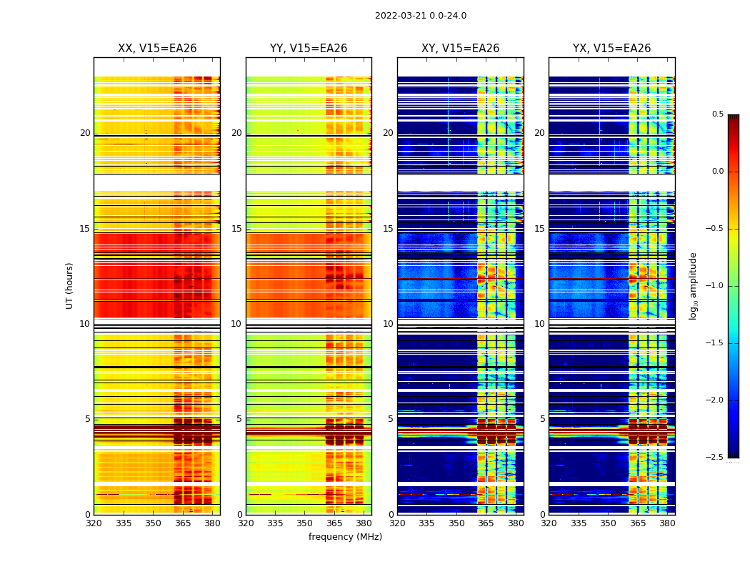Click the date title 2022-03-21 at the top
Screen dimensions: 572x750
[x=420, y=16]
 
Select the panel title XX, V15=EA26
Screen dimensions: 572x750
[x=157, y=49]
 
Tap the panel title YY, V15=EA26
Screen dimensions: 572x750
[x=309, y=49]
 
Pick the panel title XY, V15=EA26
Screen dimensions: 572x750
[x=460, y=49]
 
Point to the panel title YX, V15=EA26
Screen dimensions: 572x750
[x=611, y=49]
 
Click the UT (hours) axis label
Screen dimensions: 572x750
[x=69, y=285]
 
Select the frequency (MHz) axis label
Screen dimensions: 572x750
[x=345, y=537]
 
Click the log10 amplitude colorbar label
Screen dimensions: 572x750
[x=693, y=285]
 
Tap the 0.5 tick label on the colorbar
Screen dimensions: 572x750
[x=717, y=114]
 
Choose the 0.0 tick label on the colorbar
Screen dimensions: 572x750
[x=717, y=172]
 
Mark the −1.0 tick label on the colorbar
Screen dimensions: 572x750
[x=714, y=286]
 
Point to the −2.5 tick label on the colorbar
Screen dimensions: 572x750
[x=714, y=458]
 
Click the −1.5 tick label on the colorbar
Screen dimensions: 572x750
[x=714, y=343]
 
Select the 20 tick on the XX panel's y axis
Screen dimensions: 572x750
[x=85, y=133]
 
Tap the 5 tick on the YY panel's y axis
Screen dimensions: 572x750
[x=239, y=419]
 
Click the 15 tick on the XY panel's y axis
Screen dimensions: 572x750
[x=389, y=229]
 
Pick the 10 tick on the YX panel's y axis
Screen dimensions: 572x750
[x=540, y=324]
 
